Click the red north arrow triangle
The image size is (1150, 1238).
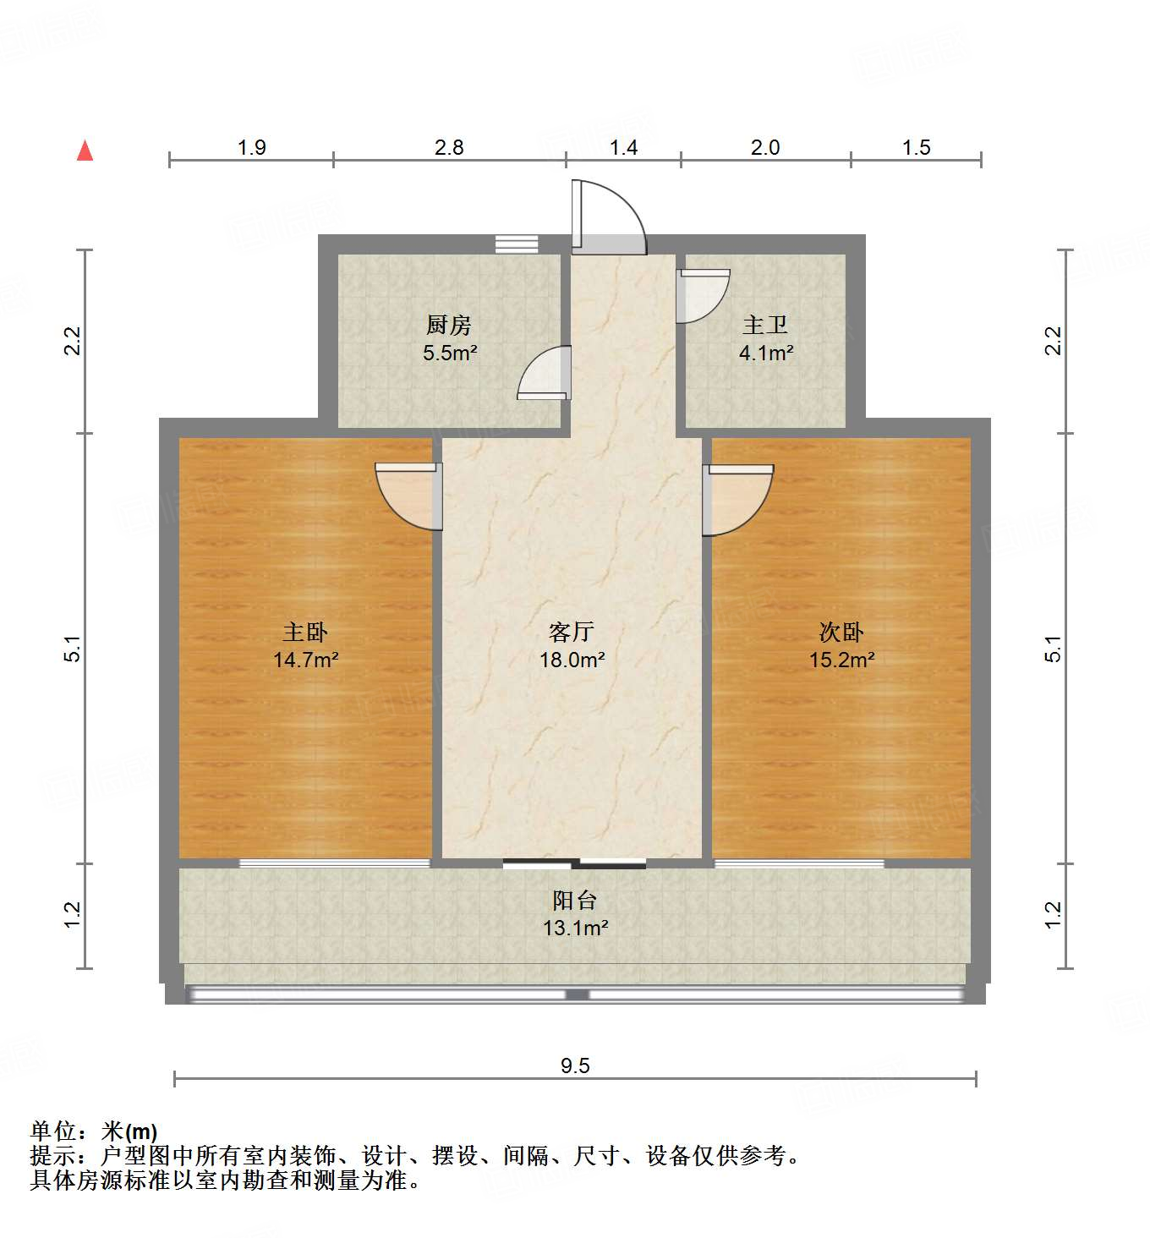click(x=85, y=151)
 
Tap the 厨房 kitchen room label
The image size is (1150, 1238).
click(x=448, y=325)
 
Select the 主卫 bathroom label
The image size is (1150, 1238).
click(x=765, y=326)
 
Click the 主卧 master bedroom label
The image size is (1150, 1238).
click(x=305, y=632)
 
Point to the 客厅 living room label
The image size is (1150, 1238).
click(x=572, y=632)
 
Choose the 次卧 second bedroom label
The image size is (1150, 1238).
click(x=841, y=632)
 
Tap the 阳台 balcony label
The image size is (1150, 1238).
click(x=575, y=900)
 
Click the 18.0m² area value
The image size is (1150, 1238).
click(x=572, y=660)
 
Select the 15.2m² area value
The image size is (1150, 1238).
click(x=841, y=660)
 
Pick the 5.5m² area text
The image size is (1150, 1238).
click(x=450, y=353)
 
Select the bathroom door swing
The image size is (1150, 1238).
click(x=703, y=295)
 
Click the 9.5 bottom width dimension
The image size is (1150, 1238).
click(x=575, y=1065)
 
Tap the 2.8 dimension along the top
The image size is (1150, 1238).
click(x=449, y=148)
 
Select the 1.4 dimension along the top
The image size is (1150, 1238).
click(x=623, y=148)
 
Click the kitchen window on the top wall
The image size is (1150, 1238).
click(x=517, y=244)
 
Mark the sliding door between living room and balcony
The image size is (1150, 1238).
click(x=574, y=863)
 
